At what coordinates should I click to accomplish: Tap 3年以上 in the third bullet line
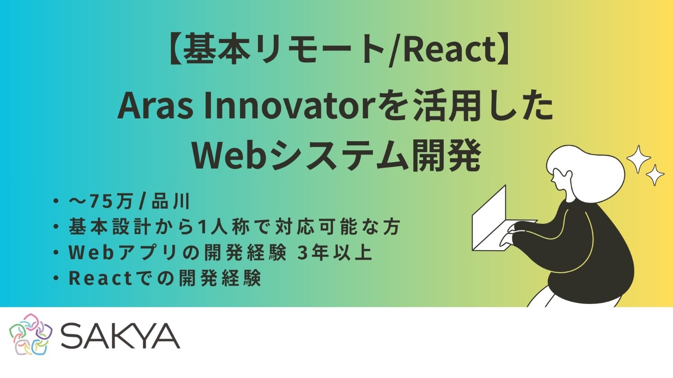335,253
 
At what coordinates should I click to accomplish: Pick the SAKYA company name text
120,336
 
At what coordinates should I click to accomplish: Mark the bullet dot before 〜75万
56,201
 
